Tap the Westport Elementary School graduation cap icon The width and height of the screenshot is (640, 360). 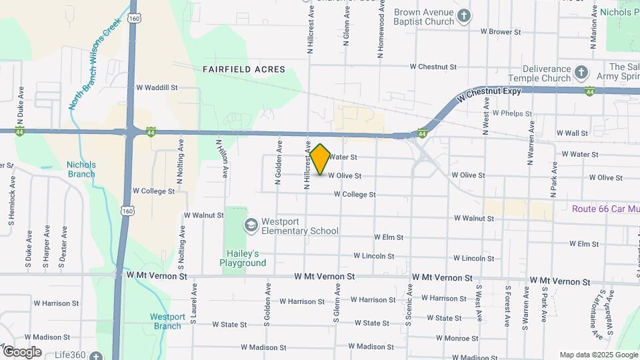tap(251, 225)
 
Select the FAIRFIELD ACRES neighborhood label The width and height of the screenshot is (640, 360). tap(245, 69)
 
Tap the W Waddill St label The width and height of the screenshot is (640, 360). tap(157, 87)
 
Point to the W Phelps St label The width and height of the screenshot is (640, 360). tap(511, 113)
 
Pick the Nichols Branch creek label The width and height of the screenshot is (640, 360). tap(81, 169)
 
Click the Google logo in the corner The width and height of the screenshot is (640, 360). tap(22, 352)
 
